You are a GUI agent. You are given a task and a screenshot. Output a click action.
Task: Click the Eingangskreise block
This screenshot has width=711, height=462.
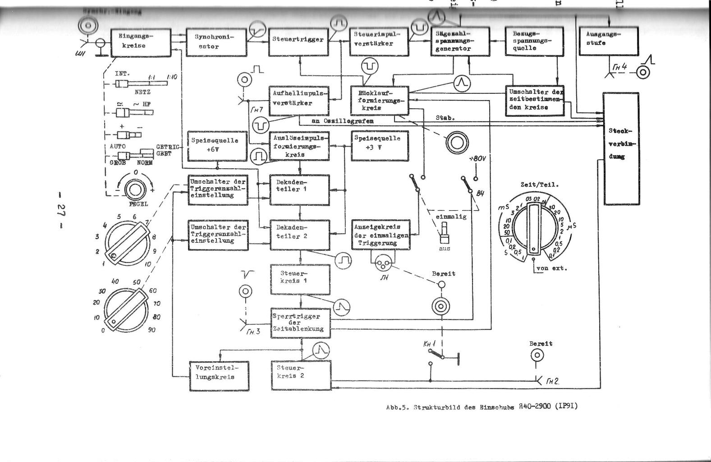pos(141,43)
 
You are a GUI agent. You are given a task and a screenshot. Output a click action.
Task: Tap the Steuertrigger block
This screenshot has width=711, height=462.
pos(298,43)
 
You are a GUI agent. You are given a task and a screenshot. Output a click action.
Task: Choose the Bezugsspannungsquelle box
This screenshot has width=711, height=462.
pos(534,42)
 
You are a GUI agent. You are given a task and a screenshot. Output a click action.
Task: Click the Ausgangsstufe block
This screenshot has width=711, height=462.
pos(609,41)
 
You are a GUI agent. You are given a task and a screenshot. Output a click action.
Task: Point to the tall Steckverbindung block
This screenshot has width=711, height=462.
pos(621,148)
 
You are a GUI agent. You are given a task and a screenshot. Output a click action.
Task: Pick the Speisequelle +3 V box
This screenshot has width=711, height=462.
pos(380,146)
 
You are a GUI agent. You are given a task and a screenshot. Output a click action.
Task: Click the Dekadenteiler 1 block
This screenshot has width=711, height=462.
pos(299,189)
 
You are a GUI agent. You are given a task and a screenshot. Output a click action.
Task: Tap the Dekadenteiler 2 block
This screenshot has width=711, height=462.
pos(299,235)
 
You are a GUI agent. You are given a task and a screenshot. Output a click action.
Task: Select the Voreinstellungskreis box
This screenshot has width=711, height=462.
pos(219,375)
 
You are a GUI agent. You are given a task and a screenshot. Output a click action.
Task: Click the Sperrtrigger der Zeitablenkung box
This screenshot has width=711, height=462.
pos(300,323)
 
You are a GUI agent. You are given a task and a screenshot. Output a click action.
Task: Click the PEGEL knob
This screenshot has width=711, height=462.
pos(133,189)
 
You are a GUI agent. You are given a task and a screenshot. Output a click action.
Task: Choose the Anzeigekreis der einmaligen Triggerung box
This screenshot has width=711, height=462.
pos(381,235)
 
